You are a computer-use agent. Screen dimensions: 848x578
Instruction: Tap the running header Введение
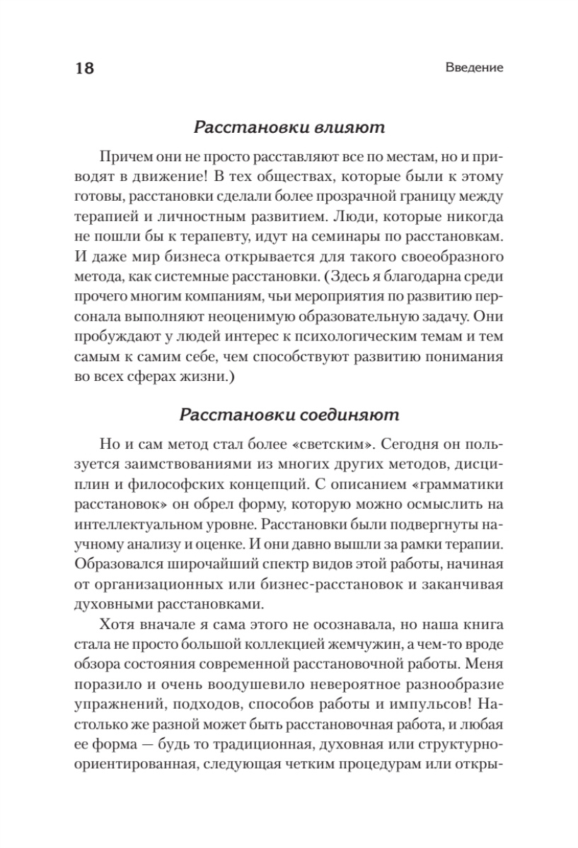tap(475, 69)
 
